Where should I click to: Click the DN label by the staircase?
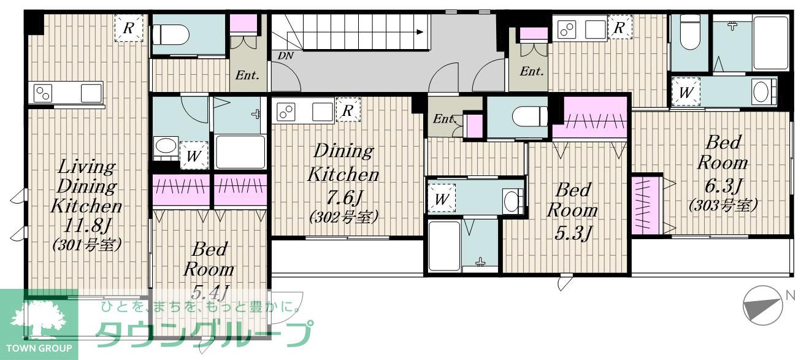[285, 55]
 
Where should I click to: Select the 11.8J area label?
[87, 226]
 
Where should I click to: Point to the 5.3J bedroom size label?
[572, 233]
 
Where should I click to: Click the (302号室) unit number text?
[343, 217]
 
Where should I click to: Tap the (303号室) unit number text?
[723, 205]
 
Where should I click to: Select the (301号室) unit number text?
[87, 245]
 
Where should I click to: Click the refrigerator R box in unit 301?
[128, 28]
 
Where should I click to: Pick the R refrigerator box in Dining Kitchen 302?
[348, 110]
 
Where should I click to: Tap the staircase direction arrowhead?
[420, 32]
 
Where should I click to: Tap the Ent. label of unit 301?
[247, 75]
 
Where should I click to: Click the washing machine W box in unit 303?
[685, 92]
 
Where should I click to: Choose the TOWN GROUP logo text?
[39, 348]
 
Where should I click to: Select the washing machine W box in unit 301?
[193, 156]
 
